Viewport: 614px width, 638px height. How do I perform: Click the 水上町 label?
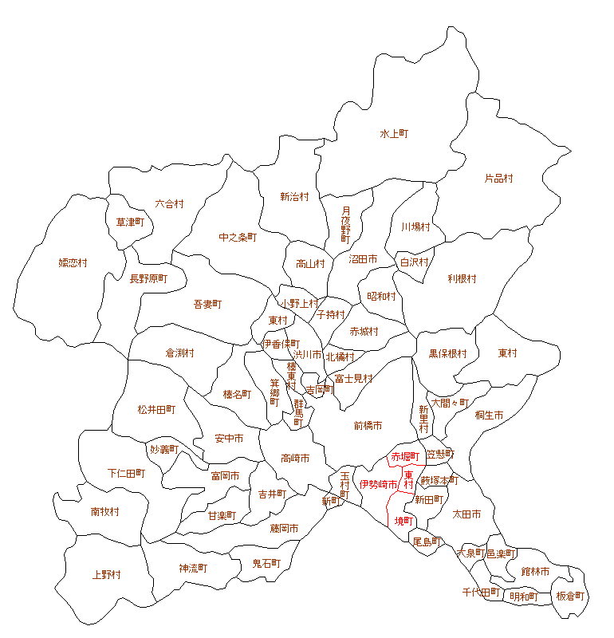pyautogui.click(x=394, y=134)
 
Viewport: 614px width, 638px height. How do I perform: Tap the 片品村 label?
pyautogui.click(x=499, y=179)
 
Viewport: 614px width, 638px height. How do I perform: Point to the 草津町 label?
pyautogui.click(x=129, y=223)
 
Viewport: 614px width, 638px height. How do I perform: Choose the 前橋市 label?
pyautogui.click(x=368, y=426)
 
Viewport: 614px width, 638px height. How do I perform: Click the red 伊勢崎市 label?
pyautogui.click(x=379, y=484)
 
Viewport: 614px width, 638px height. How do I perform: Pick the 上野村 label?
pyautogui.click(x=106, y=574)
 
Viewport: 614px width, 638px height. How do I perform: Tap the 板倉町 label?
pyautogui.click(x=570, y=596)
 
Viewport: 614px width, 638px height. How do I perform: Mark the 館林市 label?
pyautogui.click(x=535, y=571)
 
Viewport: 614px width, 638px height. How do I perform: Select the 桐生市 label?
pyautogui.click(x=489, y=415)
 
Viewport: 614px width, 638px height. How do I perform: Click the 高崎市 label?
pyautogui.click(x=295, y=458)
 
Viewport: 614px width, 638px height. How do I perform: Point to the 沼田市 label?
pyautogui.click(x=363, y=259)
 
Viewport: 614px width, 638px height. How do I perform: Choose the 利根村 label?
pyautogui.click(x=462, y=279)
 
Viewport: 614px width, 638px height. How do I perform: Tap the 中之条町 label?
pyautogui.click(x=238, y=237)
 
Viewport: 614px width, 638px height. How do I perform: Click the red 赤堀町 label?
pyautogui.click(x=404, y=457)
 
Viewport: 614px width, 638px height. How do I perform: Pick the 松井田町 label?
pyautogui.click(x=156, y=409)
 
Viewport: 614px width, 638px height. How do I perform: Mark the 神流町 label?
pyautogui.click(x=193, y=568)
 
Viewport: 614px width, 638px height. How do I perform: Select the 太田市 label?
pyautogui.click(x=466, y=514)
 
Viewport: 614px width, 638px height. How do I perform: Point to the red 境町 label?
pyautogui.click(x=404, y=521)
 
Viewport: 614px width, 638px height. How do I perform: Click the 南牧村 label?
pyautogui.click(x=105, y=511)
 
